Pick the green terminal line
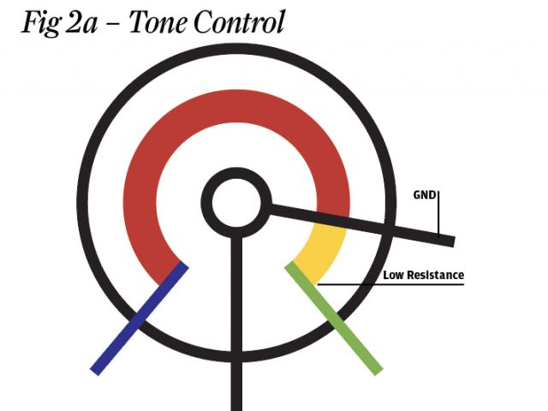[333, 318]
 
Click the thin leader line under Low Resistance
[394, 283]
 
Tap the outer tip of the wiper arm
[450, 241]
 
